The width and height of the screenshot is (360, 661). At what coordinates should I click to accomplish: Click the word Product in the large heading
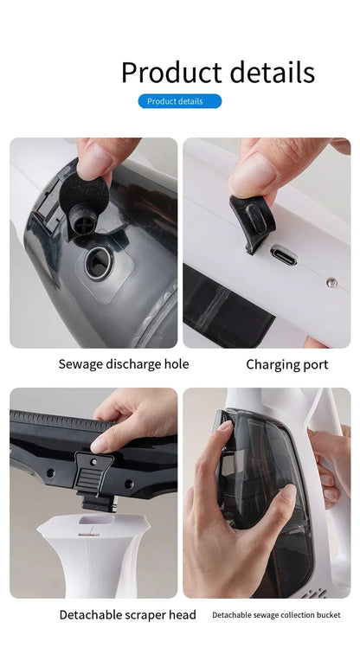(168, 72)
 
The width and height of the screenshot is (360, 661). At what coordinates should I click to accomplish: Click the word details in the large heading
(267, 72)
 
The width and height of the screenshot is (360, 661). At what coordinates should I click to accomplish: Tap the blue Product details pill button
(180, 101)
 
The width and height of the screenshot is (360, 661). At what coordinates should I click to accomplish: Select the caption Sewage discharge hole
(124, 364)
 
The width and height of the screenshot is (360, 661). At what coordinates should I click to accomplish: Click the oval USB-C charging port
(284, 255)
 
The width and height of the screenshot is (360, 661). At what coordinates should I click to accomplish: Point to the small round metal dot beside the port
(331, 282)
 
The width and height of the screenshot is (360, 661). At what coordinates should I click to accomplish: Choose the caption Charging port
(286, 364)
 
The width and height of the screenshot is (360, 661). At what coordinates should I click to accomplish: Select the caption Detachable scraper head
(127, 615)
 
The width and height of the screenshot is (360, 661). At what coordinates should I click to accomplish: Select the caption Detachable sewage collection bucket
(276, 615)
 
